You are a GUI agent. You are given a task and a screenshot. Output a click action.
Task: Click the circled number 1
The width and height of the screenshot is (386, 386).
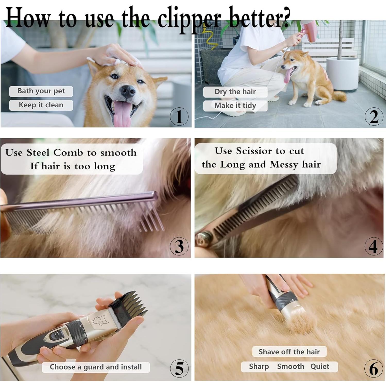(x=179, y=117)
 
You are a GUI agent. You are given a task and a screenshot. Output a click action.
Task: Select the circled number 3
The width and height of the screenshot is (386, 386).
(x=179, y=246)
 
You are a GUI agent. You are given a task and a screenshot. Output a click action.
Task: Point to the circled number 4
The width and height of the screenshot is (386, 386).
(x=374, y=246)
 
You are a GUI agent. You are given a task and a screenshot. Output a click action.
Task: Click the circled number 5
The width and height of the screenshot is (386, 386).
(x=179, y=368)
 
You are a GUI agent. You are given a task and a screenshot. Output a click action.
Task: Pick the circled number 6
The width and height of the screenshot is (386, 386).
(x=374, y=368)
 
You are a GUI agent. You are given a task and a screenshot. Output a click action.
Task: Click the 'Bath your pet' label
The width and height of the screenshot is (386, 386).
(x=41, y=91)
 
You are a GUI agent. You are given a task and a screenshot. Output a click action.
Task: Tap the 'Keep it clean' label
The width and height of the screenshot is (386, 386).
(x=41, y=105)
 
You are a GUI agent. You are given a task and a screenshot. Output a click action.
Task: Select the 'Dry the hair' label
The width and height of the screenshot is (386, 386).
(x=235, y=92)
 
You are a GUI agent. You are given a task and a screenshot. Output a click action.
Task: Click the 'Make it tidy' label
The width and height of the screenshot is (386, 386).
(x=235, y=106)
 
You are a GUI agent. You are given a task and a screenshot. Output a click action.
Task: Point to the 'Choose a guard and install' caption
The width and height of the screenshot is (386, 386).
(x=96, y=367)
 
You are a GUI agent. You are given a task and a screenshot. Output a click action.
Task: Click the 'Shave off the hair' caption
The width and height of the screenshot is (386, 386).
(x=289, y=352)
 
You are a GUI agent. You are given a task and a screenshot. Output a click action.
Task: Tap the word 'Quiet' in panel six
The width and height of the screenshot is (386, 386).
(x=320, y=366)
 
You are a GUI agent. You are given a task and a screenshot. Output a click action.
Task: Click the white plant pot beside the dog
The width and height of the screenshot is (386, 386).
(x=342, y=73)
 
